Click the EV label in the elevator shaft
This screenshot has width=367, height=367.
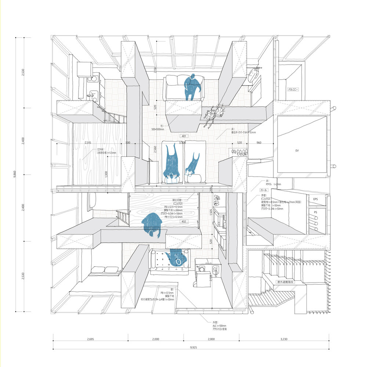pyautogui.click(x=298, y=150)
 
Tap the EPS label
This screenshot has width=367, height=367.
pyautogui.click(x=315, y=199)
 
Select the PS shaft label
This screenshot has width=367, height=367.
pyautogui.click(x=315, y=212)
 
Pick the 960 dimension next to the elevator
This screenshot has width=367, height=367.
pyautogui.click(x=259, y=142)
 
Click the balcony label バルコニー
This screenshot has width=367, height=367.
pyautogui.click(x=294, y=89)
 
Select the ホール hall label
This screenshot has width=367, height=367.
pyautogui.click(x=264, y=190)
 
